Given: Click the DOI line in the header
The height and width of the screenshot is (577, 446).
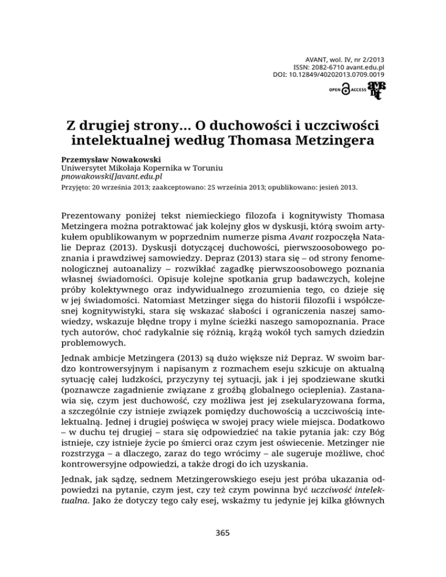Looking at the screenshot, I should (x=328, y=75).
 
